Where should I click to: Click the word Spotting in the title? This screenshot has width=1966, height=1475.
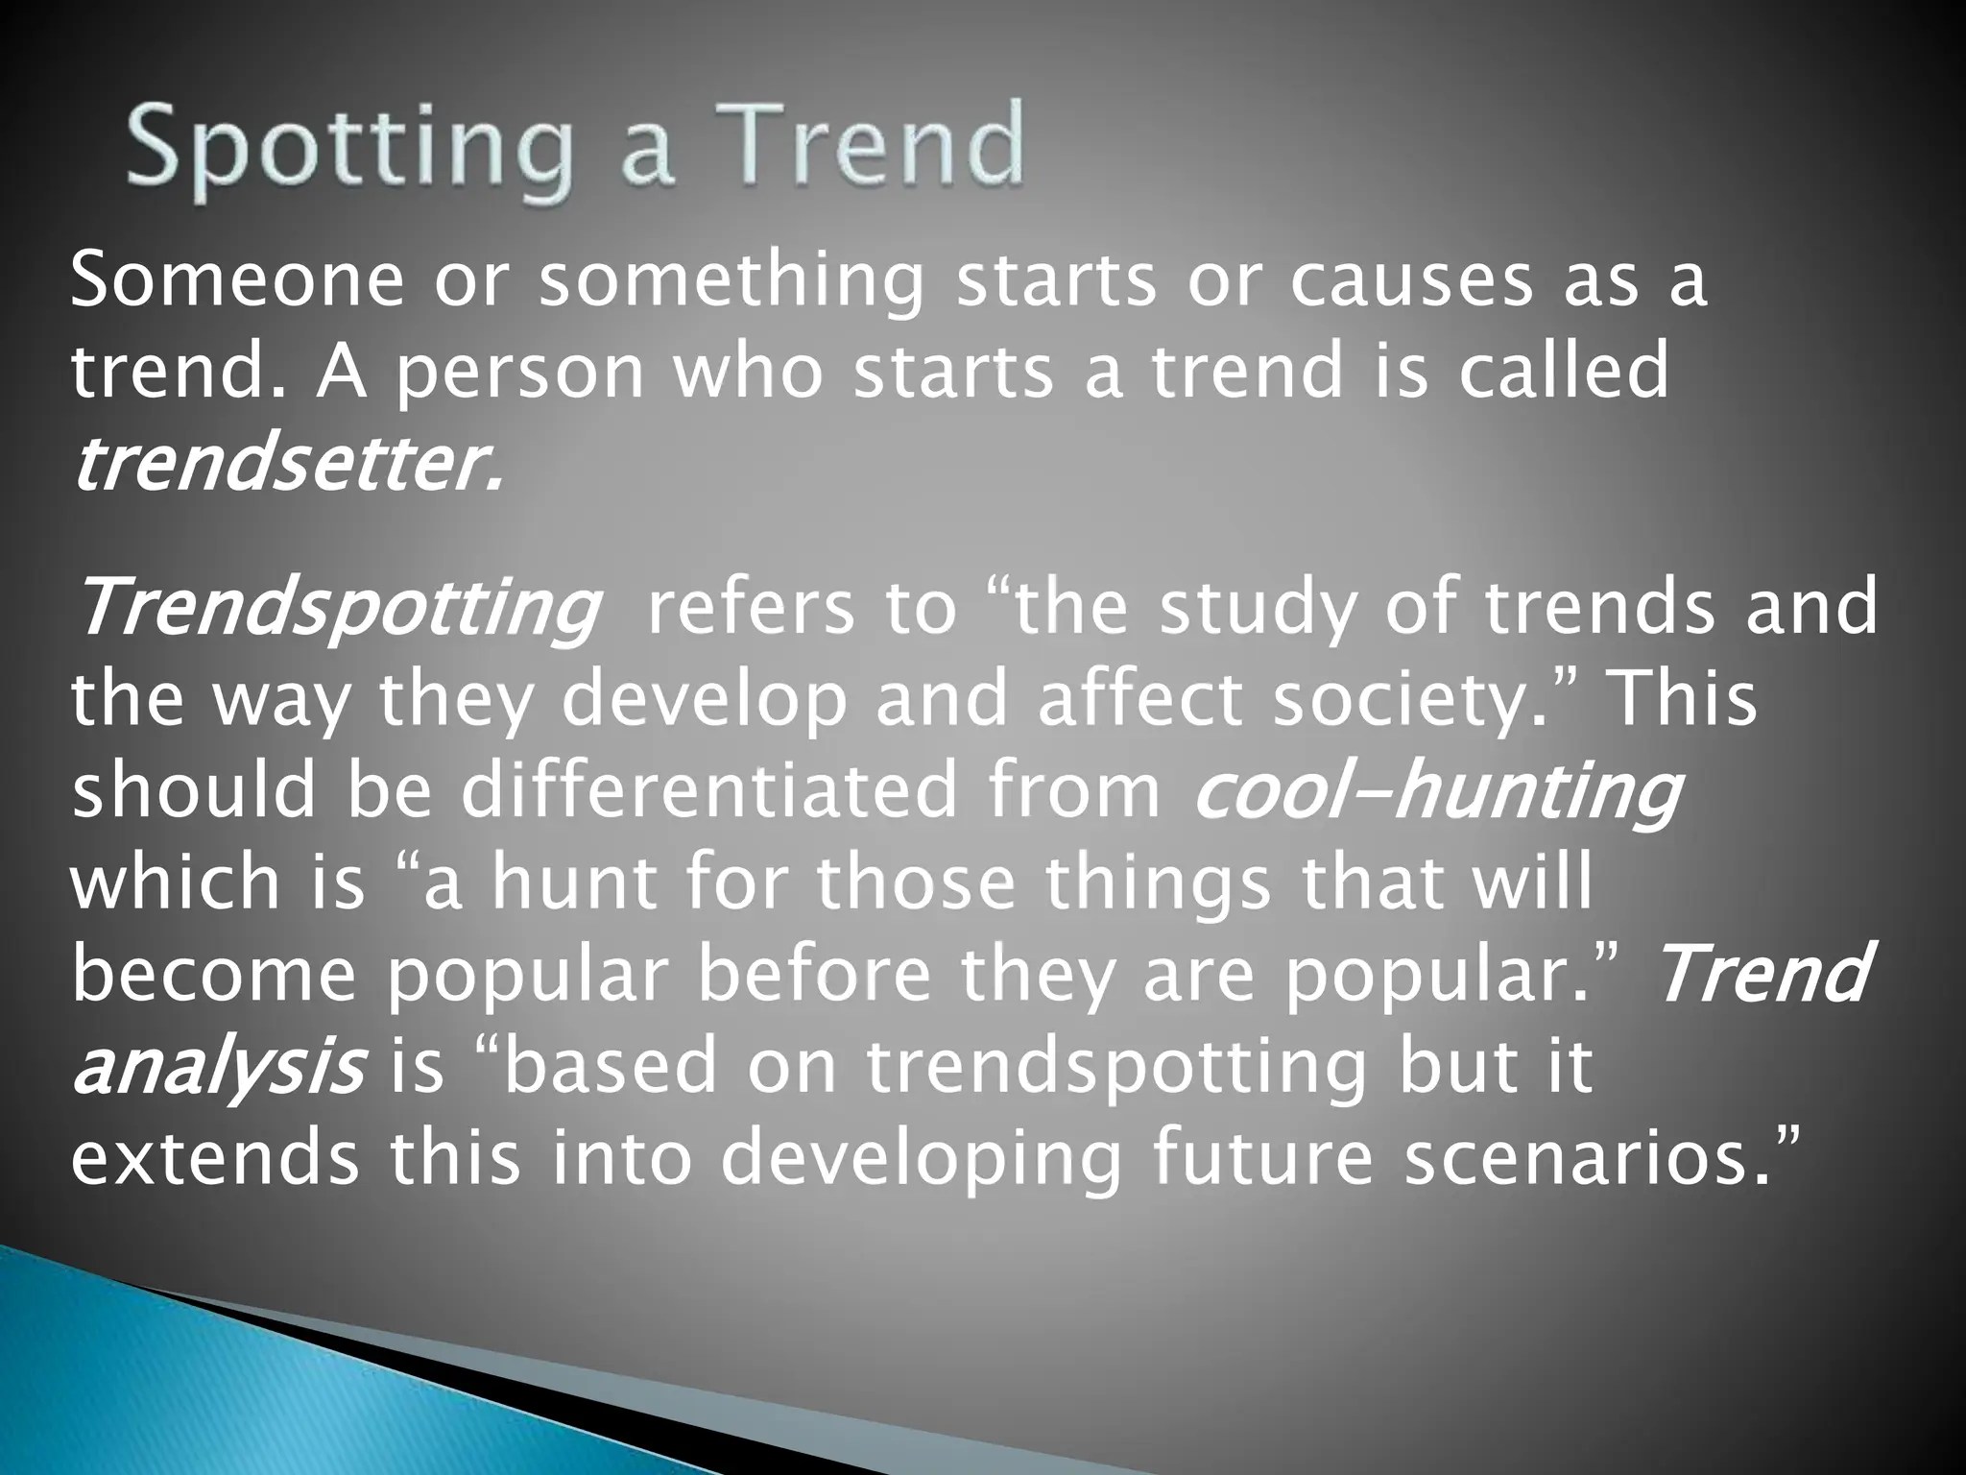[347, 149]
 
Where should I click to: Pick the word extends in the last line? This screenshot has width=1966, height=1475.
[215, 1157]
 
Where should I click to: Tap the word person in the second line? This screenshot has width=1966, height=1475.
[519, 375]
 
